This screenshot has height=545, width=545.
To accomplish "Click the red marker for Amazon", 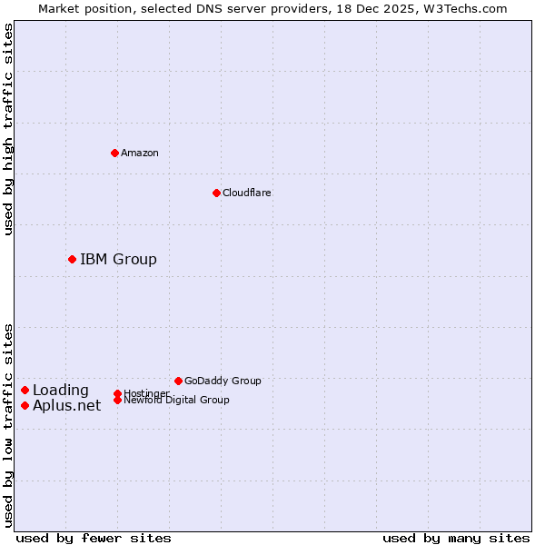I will pyautogui.click(x=114, y=153).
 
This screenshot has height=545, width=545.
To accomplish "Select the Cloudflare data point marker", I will pyautogui.click(x=216, y=193).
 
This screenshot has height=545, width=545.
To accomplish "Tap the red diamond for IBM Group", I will pyautogui.click(x=72, y=259).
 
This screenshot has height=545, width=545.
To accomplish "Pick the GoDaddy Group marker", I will pyautogui.click(x=178, y=381).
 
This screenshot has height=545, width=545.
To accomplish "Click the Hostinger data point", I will pyautogui.click(x=117, y=393).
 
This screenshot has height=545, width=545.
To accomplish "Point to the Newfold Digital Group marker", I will pyautogui.click(x=117, y=400).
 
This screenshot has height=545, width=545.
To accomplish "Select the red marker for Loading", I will pyautogui.click(x=25, y=390).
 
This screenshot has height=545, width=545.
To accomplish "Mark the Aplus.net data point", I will pyautogui.click(x=25, y=405).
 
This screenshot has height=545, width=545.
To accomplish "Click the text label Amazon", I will pyautogui.click(x=140, y=153).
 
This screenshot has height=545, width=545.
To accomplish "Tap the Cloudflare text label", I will pyautogui.click(x=247, y=193).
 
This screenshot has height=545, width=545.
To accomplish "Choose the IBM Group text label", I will pyautogui.click(x=118, y=260).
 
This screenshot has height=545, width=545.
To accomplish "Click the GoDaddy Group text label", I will pyautogui.click(x=223, y=381).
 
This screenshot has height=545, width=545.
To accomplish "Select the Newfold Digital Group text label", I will pyautogui.click(x=176, y=401).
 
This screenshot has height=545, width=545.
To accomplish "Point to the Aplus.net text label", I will pyautogui.click(x=67, y=406).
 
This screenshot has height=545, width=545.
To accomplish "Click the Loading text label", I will pyautogui.click(x=61, y=391).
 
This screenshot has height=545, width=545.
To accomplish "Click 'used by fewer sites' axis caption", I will pyautogui.click(x=94, y=538).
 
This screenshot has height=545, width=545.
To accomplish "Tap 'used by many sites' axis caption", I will pyautogui.click(x=456, y=538).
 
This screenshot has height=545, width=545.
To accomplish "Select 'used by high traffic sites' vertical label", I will pyautogui.click(x=8, y=129).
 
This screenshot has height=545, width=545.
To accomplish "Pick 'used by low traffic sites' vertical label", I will pyautogui.click(x=8, y=425).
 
